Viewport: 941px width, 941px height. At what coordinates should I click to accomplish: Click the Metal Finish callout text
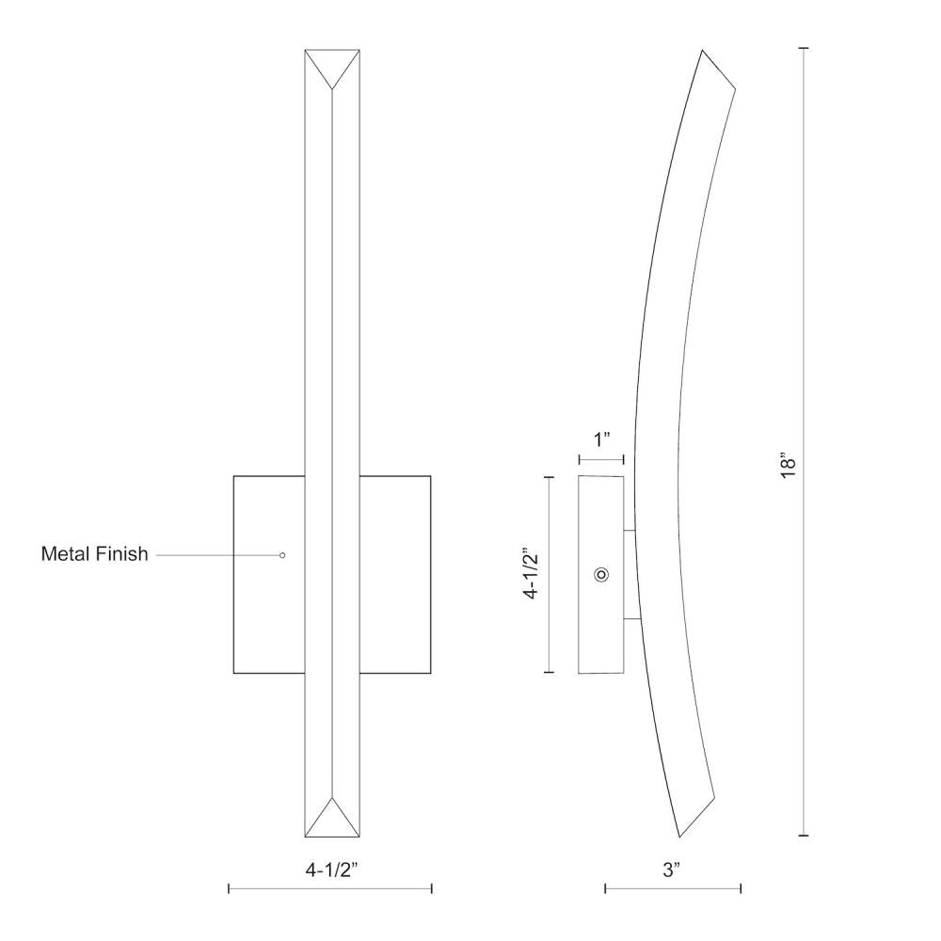(94, 554)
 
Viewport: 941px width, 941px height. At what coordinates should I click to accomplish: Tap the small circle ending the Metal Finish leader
(282, 555)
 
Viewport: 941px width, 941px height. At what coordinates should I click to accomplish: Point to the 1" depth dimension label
(601, 439)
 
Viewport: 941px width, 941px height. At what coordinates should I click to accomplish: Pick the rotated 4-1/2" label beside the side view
(534, 574)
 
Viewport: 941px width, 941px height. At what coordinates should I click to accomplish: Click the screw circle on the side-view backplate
(602, 574)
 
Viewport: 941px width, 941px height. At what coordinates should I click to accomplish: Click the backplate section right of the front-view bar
(394, 574)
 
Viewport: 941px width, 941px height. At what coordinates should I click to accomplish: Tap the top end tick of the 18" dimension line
(804, 49)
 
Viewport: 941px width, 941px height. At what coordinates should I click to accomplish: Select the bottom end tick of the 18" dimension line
(804, 835)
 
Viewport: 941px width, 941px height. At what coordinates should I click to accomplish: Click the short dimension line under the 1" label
(601, 460)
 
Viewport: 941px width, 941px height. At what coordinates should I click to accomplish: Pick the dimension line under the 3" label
(673, 887)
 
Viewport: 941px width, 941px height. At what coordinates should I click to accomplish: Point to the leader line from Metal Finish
(216, 555)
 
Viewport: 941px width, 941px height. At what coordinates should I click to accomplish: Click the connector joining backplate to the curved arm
(630, 574)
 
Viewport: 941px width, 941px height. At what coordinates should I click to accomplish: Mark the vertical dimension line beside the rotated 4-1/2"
(550, 574)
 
